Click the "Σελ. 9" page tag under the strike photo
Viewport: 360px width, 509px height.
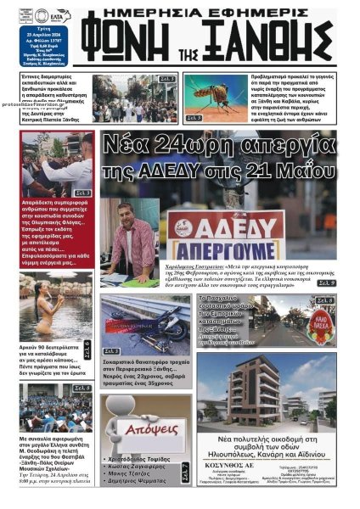326,282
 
